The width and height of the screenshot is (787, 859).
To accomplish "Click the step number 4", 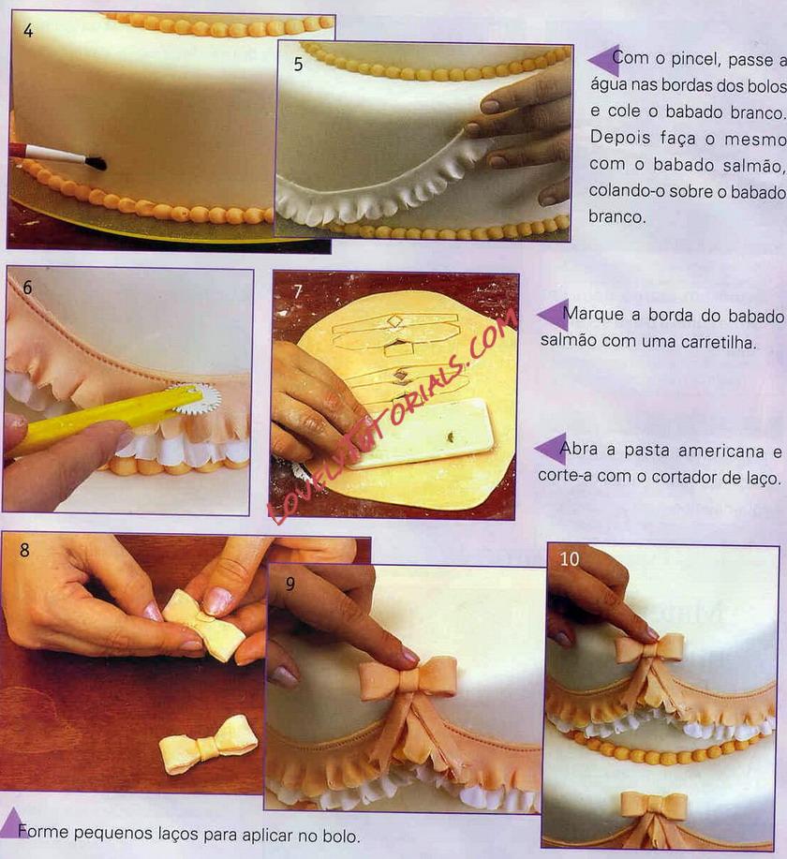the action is point(28,30).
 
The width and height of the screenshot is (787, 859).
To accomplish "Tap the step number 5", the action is point(298,64).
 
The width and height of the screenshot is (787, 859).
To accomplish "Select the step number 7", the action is point(298,291).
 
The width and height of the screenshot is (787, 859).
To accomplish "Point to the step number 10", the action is point(570,559).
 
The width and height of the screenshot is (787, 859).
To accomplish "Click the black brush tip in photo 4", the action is point(96,162).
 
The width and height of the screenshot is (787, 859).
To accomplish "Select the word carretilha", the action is point(718,343).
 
